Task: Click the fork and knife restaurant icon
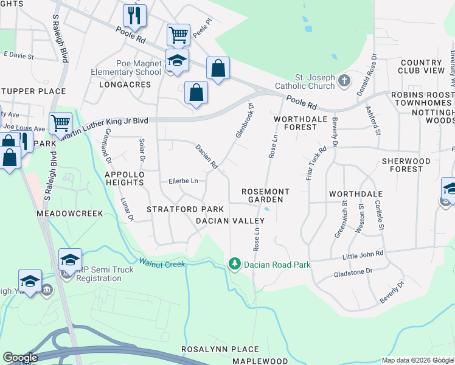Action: tap(134, 16)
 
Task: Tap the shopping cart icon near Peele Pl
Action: tap(178, 35)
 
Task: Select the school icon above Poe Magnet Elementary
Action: tap(176, 60)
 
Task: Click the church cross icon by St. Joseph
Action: tap(344, 80)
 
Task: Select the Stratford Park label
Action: tap(181, 209)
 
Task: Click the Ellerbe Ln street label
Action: tap(183, 181)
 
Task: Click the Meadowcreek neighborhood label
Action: tap(70, 214)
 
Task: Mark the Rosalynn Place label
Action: tap(220, 350)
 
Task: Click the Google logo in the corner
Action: tap(20, 358)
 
